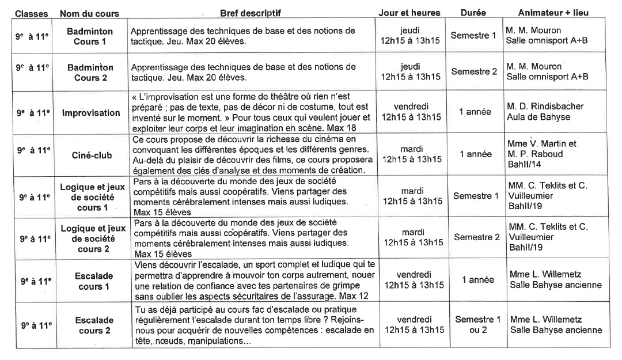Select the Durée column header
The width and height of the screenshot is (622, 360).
[473, 13]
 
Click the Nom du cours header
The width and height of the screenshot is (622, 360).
[89, 13]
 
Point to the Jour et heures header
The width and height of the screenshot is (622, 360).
[409, 13]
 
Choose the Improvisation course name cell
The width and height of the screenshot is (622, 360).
[91, 113]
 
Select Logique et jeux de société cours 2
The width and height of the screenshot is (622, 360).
[93, 238]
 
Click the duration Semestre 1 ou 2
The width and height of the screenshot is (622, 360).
[477, 324]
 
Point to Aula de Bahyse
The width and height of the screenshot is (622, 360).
[538, 118]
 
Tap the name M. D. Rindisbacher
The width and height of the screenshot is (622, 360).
[545, 107]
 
